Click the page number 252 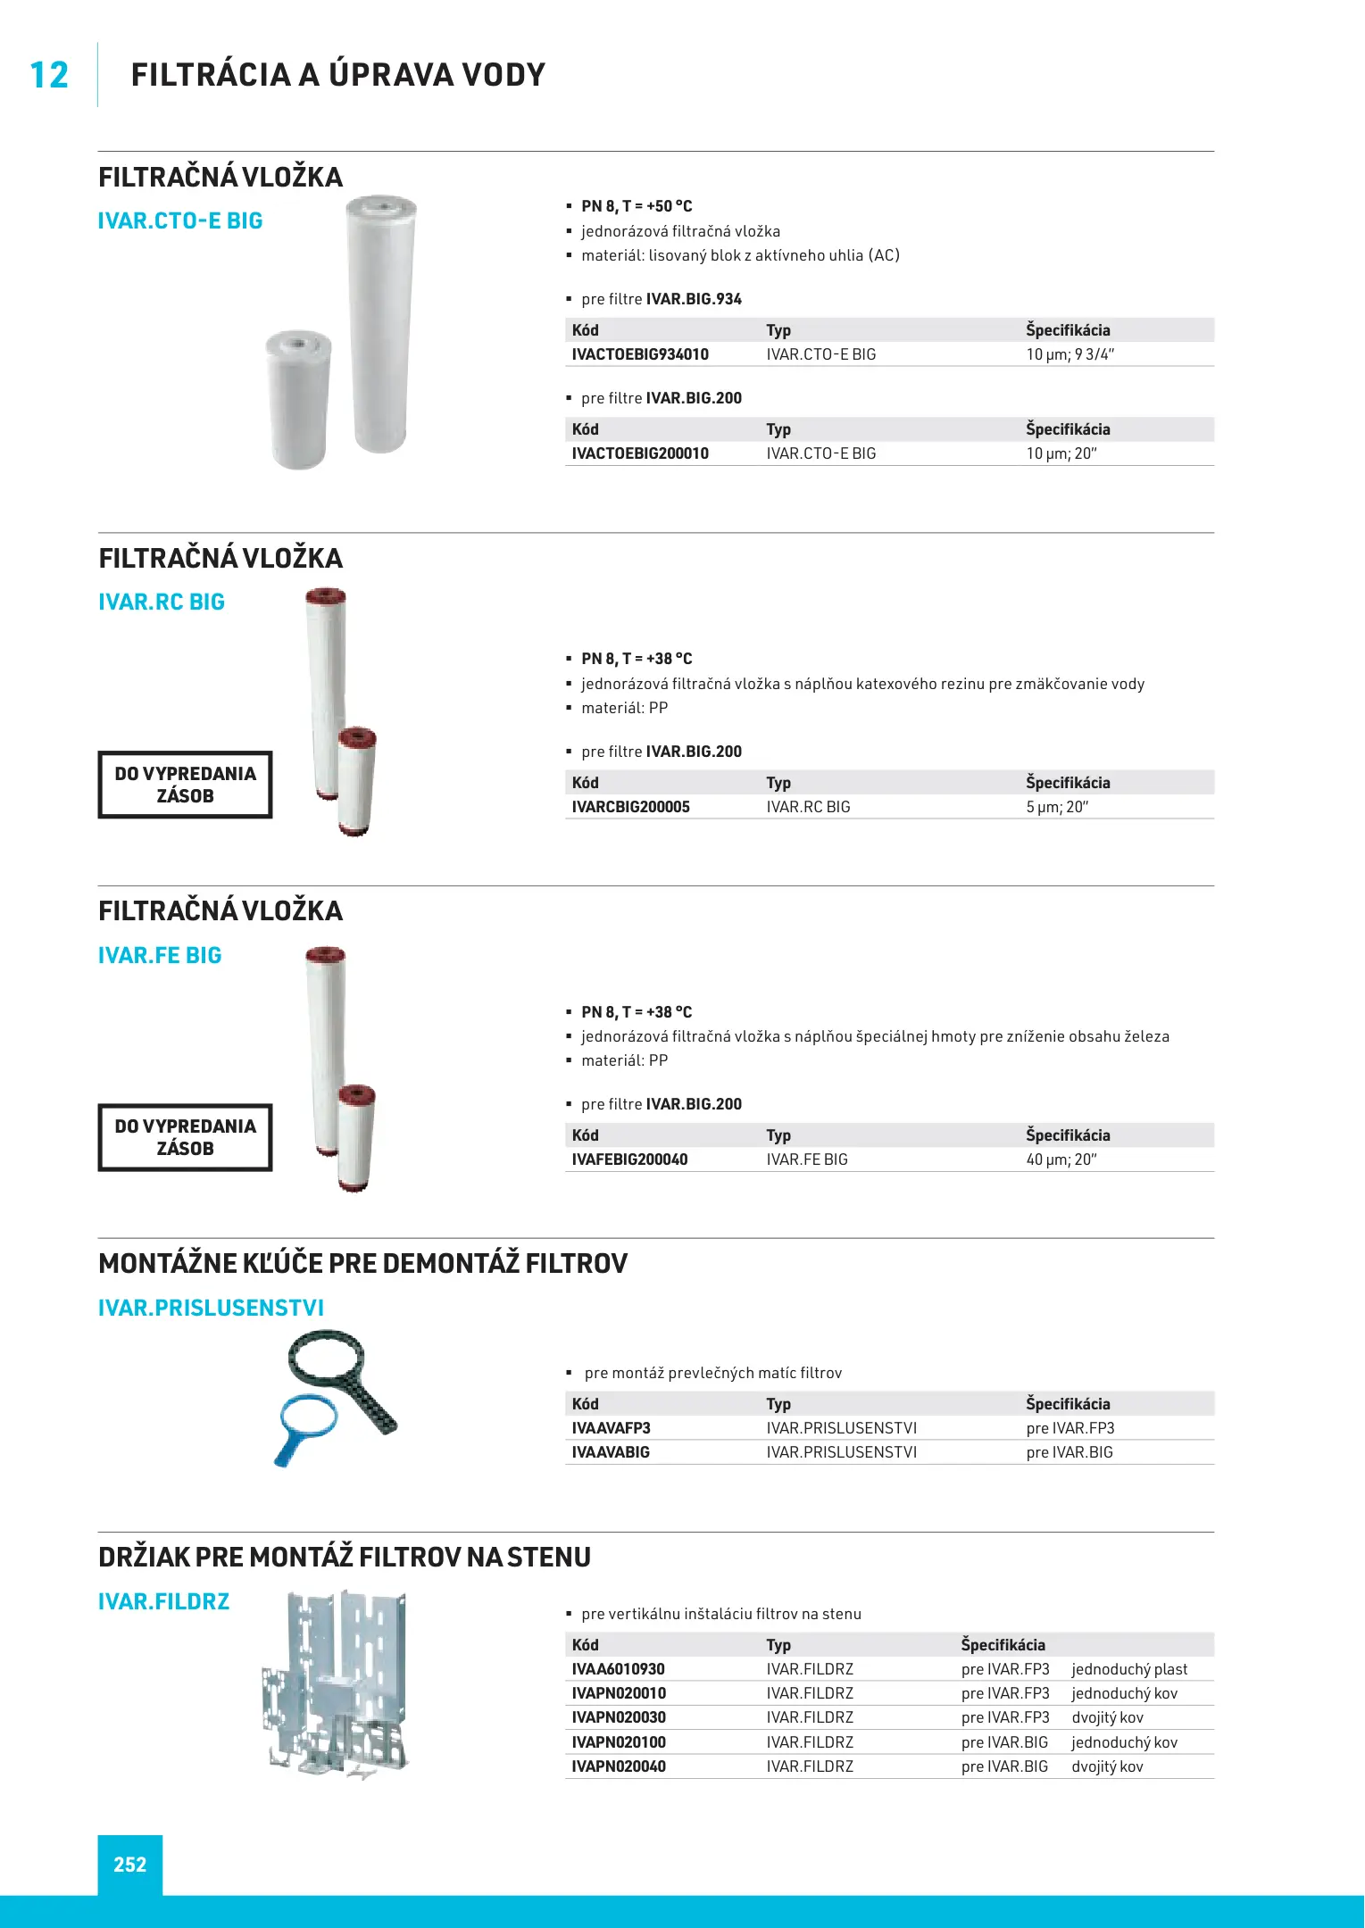coord(129,1865)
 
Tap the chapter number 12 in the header coord(49,75)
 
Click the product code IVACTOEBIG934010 coord(640,354)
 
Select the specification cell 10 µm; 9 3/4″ coord(1070,354)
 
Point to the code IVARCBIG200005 coord(630,807)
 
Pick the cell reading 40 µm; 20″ coord(1061,1159)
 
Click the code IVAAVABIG coord(611,1452)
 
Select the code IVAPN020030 coord(619,1717)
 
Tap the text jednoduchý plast coord(1129,1669)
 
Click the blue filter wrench coord(304,1424)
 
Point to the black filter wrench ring coord(327,1366)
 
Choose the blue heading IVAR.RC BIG coord(162,602)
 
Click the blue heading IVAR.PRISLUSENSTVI coord(211,1308)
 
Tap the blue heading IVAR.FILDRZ coord(163,1601)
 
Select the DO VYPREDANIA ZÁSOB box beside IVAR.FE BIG coord(185,1137)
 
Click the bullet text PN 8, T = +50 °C coord(637,206)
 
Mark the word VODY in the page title coord(500,75)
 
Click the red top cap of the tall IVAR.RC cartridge coord(326,595)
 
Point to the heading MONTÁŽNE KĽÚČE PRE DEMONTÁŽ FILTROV coord(362,1263)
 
